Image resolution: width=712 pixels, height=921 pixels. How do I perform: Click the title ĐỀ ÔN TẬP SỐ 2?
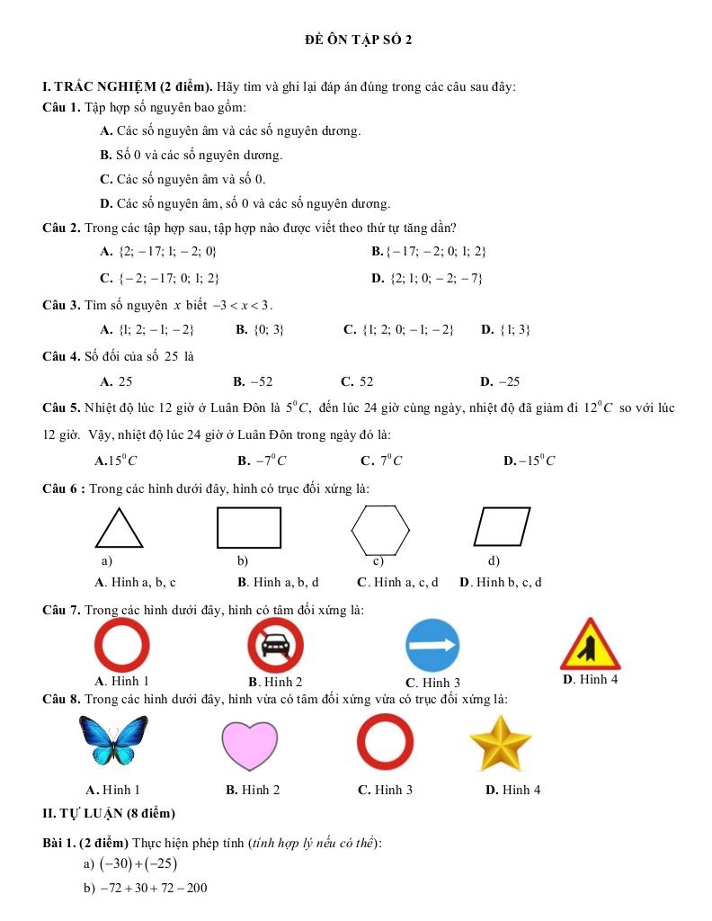coord(358,40)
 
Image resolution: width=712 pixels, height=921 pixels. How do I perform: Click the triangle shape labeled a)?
coord(119,531)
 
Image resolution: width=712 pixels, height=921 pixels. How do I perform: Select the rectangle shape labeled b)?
coord(249,527)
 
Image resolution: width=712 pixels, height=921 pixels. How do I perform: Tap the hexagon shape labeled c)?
coord(380,531)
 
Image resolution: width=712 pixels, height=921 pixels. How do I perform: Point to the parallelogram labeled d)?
coord(503,527)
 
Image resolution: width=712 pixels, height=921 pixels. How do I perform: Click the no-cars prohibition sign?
coord(276,646)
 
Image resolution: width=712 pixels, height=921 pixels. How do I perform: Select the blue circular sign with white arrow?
coord(432,646)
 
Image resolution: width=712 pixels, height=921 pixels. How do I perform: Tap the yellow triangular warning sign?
coord(590,646)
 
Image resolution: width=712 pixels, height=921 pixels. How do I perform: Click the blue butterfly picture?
coord(113,739)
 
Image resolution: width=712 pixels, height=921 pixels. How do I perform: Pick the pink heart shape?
coord(251,745)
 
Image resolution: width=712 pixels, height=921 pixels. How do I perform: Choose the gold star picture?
coord(501,743)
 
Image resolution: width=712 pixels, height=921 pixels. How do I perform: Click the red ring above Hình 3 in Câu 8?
coord(385,743)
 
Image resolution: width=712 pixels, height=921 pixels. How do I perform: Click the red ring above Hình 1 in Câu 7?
coord(122,646)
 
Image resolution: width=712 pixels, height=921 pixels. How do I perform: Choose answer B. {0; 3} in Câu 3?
coord(260,329)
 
